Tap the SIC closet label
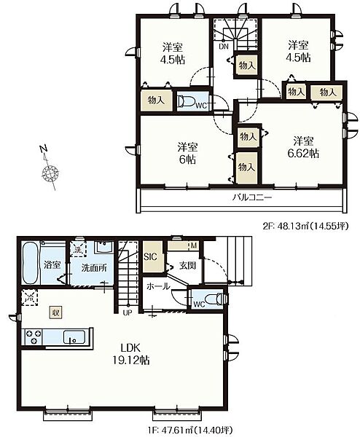[x=150, y=256]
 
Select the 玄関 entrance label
[x=187, y=266]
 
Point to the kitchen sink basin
[x=74, y=337]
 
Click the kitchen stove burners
[x=34, y=337]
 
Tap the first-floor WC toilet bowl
[x=216, y=299]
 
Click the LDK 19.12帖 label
[x=130, y=354]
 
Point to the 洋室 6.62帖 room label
[x=303, y=147]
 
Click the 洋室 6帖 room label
[x=187, y=153]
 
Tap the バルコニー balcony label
[x=252, y=198]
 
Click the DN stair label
[x=224, y=47]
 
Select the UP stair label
[x=127, y=313]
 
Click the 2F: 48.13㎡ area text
[x=305, y=227]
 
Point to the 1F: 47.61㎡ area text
[x=189, y=430]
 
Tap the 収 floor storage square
[x=55, y=312]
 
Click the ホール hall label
[x=158, y=286]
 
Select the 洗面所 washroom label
[x=94, y=268]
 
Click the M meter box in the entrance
[x=194, y=246]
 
